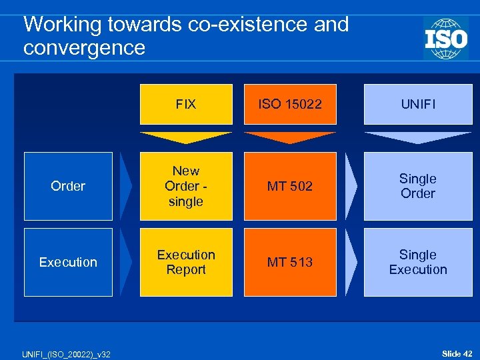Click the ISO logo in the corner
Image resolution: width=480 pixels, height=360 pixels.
pyautogui.click(x=445, y=38)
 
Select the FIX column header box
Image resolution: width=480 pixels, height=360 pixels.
pyautogui.click(x=186, y=104)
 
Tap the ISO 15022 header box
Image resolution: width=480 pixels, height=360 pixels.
pyautogui.click(x=290, y=104)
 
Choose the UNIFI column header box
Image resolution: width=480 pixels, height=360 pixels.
pyautogui.click(x=418, y=104)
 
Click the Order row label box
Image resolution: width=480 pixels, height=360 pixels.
pyautogui.click(x=68, y=186)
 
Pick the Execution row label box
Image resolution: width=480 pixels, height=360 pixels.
pyautogui.click(x=68, y=262)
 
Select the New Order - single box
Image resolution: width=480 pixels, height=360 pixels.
pyautogui.click(x=186, y=186)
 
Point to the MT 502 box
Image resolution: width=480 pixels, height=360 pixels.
pyautogui.click(x=290, y=186)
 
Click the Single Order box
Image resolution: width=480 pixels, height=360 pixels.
pyautogui.click(x=418, y=186)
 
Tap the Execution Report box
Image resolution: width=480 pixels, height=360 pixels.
pyautogui.click(x=186, y=262)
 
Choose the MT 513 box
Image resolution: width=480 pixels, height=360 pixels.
pyautogui.click(x=290, y=262)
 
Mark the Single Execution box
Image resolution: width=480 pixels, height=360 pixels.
pyautogui.click(x=418, y=262)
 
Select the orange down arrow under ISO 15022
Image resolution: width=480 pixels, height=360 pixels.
pyautogui.click(x=290, y=137)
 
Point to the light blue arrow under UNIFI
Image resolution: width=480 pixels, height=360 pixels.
pyautogui.click(x=418, y=137)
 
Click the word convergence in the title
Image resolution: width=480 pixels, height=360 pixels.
pyautogui.click(x=84, y=48)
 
